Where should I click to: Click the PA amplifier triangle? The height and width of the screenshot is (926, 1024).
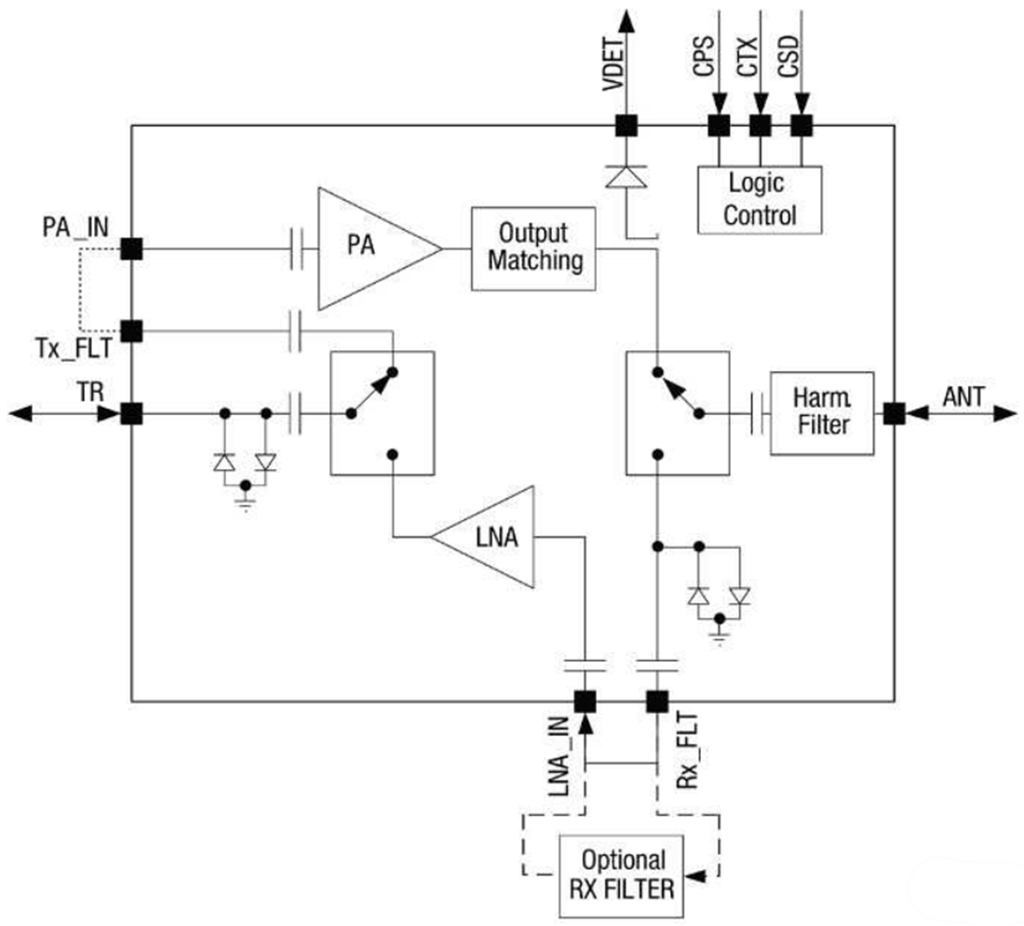click(368, 248)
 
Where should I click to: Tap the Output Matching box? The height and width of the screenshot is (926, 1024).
click(532, 248)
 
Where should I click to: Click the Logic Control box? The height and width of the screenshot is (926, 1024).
click(760, 199)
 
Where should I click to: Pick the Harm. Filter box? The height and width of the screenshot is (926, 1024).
click(821, 413)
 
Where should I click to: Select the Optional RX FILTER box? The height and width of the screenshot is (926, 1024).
click(617, 875)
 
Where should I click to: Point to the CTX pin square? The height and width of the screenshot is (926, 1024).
click(761, 124)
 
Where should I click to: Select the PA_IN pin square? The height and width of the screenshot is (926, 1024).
click(131, 248)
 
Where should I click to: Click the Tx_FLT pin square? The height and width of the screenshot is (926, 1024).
click(131, 330)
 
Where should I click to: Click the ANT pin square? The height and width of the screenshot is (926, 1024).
click(894, 413)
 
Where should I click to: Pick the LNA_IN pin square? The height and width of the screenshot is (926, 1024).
click(585, 701)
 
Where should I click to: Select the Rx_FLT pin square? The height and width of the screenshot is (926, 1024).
click(657, 701)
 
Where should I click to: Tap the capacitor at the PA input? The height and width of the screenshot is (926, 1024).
click(297, 248)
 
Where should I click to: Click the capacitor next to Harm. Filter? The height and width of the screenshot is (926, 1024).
click(758, 413)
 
